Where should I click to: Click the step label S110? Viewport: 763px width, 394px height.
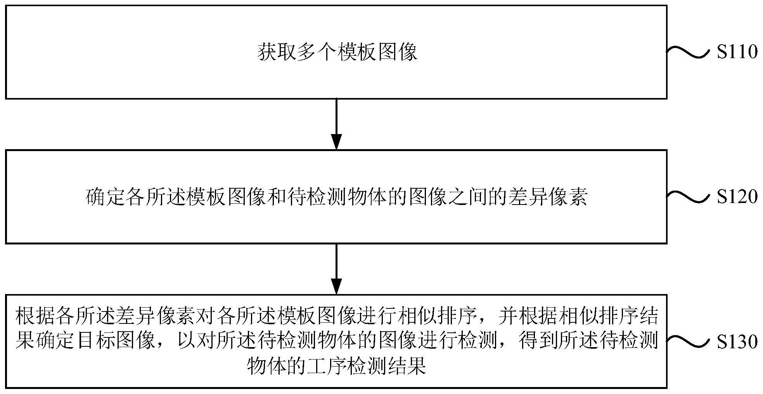click(737, 52)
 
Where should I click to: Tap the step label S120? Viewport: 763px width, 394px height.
click(737, 197)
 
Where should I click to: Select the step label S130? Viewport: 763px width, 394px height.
click(737, 342)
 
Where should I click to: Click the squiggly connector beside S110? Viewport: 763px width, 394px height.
click(690, 52)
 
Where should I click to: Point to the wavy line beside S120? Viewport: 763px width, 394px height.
click(690, 197)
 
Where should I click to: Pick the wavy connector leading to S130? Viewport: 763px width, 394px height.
click(690, 342)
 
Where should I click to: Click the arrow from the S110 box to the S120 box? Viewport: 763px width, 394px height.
click(336, 124)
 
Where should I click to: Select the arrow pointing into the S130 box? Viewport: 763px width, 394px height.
click(336, 269)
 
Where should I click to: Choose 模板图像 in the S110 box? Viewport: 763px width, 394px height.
click(377, 52)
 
